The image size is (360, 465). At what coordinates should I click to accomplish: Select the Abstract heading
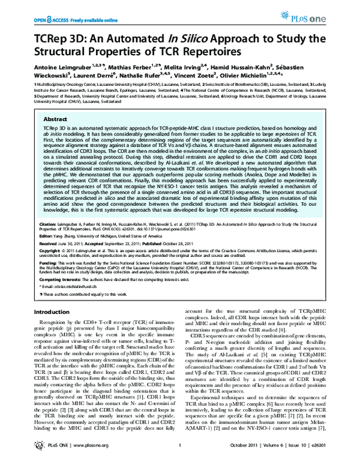(x=54, y=119)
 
